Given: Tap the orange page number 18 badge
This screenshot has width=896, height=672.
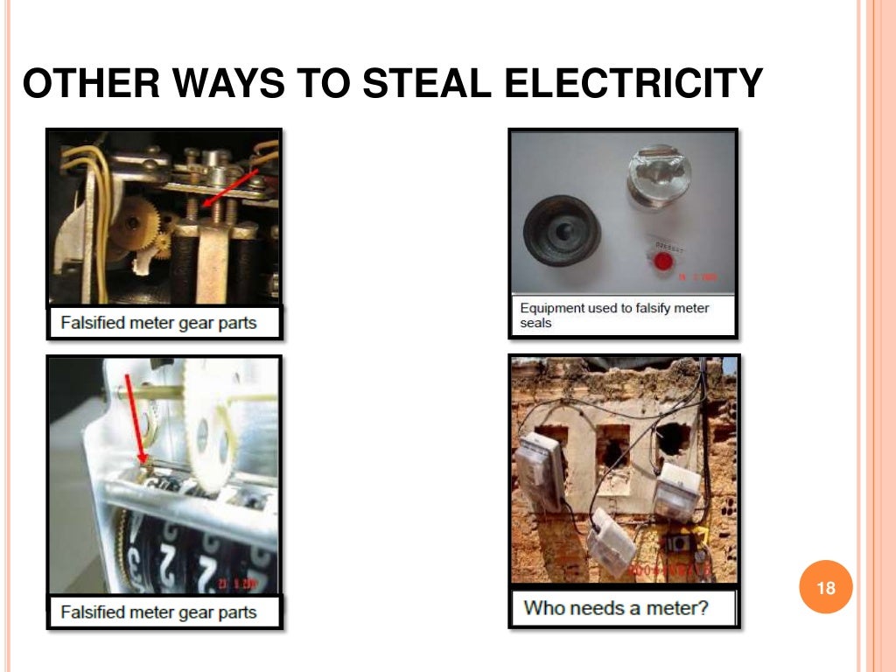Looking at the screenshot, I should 826,588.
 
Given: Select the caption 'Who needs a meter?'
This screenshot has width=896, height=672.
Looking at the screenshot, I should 616,607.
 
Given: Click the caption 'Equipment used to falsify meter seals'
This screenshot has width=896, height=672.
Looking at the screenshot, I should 614,315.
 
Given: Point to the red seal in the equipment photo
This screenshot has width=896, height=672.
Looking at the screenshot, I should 663,261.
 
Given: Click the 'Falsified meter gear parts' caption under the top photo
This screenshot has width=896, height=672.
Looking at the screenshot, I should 158,323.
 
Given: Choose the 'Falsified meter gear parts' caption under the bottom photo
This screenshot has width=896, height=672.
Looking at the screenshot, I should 158,612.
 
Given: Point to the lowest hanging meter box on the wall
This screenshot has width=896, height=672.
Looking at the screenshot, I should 611,543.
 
